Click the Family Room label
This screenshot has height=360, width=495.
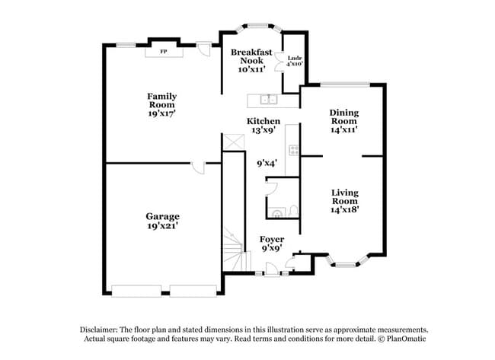click(161, 97)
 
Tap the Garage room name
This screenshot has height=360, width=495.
click(163, 216)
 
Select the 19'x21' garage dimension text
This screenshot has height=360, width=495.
click(163, 226)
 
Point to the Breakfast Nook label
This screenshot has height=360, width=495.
click(251, 56)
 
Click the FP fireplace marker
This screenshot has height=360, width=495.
click(163, 52)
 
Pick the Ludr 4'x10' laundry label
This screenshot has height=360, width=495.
click(295, 61)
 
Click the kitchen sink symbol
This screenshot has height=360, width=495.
click(268, 99)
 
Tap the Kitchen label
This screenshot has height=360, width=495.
click(263, 122)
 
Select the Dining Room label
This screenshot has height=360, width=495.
click(343, 117)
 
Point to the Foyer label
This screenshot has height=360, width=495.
click(272, 239)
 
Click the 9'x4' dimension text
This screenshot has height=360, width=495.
click(267, 162)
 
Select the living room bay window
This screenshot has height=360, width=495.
click(346, 265)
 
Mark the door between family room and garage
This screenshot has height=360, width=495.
click(198, 167)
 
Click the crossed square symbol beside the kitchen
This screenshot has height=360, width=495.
click(232, 142)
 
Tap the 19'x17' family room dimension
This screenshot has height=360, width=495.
click(161, 113)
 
